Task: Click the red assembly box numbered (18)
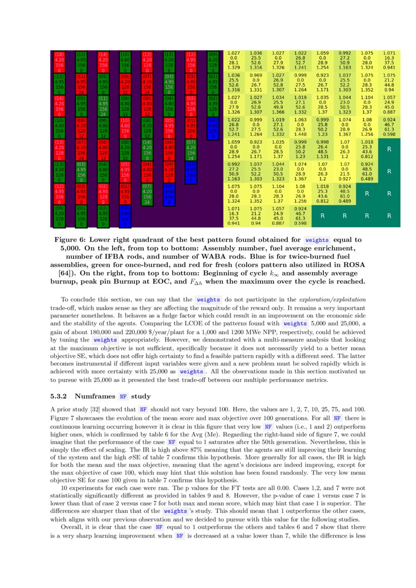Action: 59,61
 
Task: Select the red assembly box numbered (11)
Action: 81,83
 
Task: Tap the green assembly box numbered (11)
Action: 103,105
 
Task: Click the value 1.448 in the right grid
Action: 301,134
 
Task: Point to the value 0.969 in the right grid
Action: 256,74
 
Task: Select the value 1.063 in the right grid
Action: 301,120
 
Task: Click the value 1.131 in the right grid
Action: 323,156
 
